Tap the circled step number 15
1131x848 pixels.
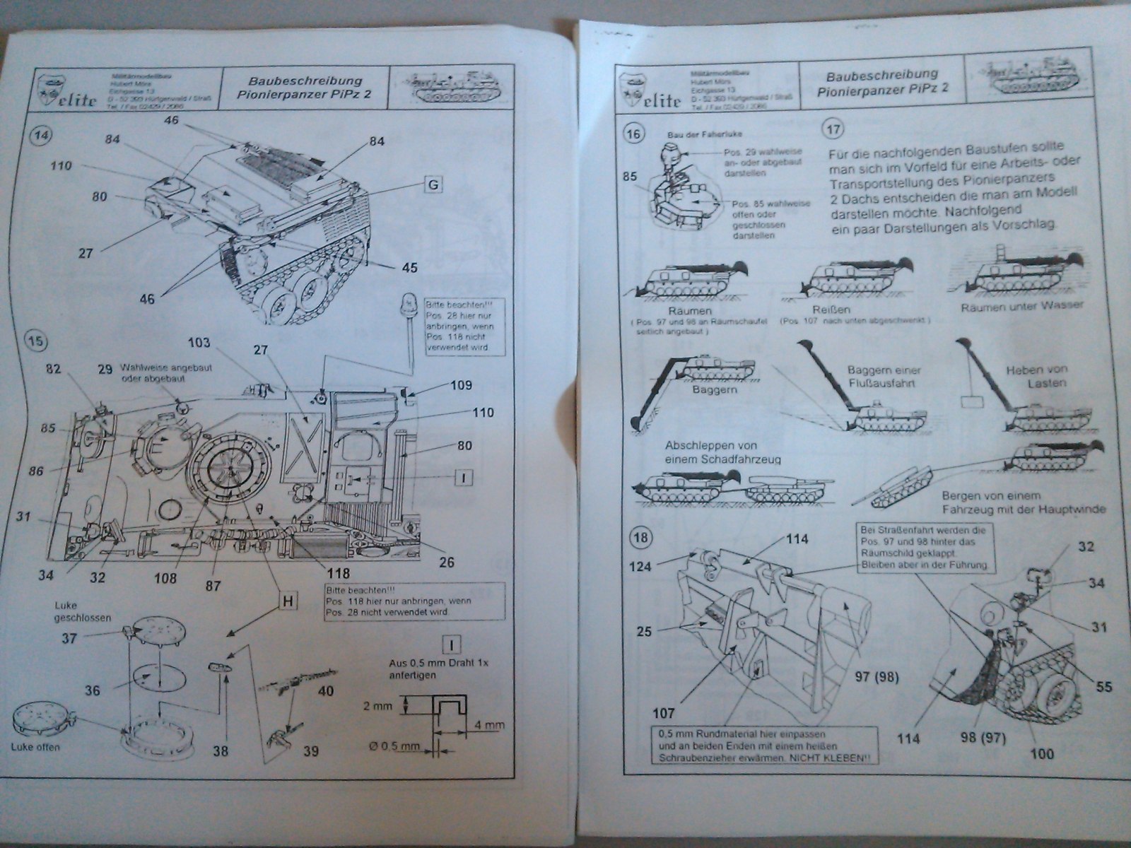(36, 341)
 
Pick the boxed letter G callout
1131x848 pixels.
(433, 185)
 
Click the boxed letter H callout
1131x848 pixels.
(288, 601)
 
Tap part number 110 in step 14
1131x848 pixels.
(61, 167)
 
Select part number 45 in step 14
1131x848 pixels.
(409, 268)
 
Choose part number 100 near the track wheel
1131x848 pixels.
(1043, 753)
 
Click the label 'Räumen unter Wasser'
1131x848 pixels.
(1022, 307)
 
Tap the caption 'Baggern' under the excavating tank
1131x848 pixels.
(715, 390)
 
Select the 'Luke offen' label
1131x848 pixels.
(36, 748)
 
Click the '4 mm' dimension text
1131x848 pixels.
(490, 725)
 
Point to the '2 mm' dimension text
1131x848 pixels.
(377, 706)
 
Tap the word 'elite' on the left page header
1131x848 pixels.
(76, 100)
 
